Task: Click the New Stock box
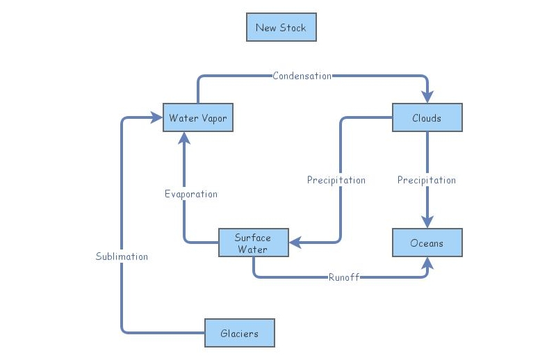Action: (281, 28)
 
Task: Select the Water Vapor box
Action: (197, 118)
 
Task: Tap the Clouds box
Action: (427, 118)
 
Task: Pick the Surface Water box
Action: (253, 243)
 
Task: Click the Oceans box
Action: (427, 243)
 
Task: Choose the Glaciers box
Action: (239, 333)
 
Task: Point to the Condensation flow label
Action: (302, 76)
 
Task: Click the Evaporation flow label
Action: (190, 194)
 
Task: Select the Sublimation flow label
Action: (122, 256)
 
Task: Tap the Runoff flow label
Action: (343, 277)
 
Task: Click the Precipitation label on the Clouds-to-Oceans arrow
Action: (427, 180)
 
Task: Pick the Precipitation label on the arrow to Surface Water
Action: (336, 180)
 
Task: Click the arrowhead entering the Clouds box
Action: (427, 97)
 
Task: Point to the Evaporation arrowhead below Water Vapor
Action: (184, 138)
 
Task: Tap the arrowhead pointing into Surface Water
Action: (295, 243)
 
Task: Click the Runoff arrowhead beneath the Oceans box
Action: (427, 263)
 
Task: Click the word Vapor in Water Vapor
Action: (213, 118)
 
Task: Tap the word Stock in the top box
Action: (292, 28)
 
